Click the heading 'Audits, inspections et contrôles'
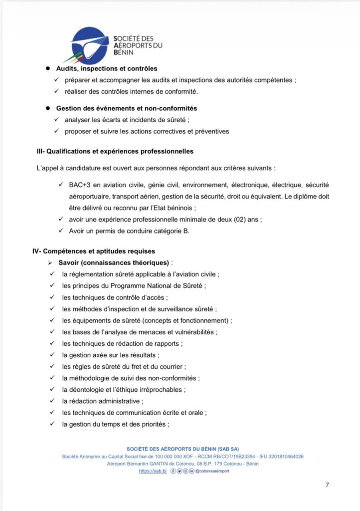107,68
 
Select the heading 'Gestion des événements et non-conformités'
127,108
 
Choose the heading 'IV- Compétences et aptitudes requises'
94,251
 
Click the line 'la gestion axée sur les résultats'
110,355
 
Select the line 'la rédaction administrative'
101,401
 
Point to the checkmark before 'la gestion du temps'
52,424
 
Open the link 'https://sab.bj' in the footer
153,471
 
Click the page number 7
327,485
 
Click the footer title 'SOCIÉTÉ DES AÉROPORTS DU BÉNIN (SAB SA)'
183,449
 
